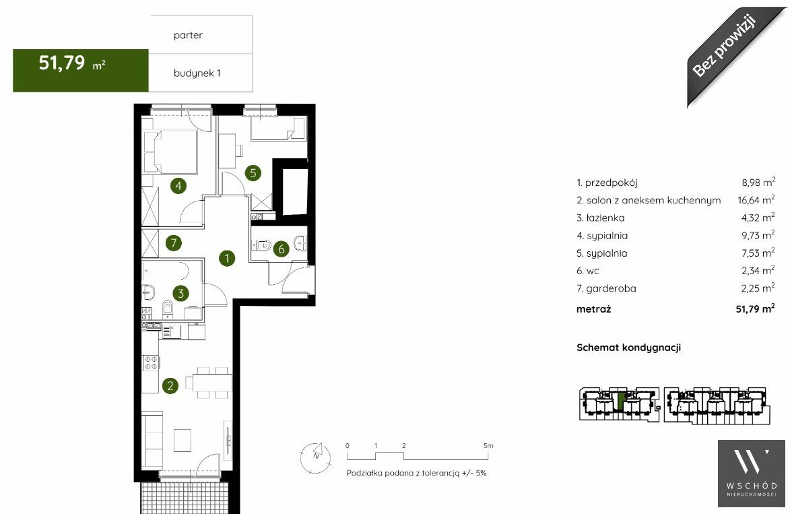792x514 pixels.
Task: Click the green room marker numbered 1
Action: [227, 258]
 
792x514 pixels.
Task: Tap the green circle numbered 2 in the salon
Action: [170, 386]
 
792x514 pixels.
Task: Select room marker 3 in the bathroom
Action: [180, 292]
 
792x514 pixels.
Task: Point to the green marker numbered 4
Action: [178, 185]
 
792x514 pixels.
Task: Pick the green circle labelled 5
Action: [253, 173]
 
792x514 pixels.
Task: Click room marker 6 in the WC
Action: [282, 248]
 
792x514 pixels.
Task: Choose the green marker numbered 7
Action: [174, 243]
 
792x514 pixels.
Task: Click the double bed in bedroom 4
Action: [170, 152]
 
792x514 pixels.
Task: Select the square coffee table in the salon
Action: [183, 440]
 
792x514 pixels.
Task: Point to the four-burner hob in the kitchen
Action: [151, 363]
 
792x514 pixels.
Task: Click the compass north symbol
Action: [316, 457]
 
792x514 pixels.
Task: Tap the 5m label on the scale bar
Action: [488, 446]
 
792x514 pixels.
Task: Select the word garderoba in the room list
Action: [612, 288]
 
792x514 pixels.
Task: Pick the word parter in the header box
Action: [188, 36]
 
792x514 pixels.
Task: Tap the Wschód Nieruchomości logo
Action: [752, 473]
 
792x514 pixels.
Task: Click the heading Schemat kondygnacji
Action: [628, 348]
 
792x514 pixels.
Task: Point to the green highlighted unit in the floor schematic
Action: [621, 401]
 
